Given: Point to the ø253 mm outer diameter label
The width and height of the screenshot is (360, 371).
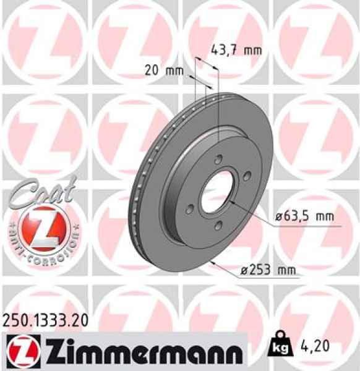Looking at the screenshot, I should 268,270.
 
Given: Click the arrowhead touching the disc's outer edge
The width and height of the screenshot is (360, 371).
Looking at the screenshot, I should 212,262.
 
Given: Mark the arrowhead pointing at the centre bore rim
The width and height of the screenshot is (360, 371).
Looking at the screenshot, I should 230,201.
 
